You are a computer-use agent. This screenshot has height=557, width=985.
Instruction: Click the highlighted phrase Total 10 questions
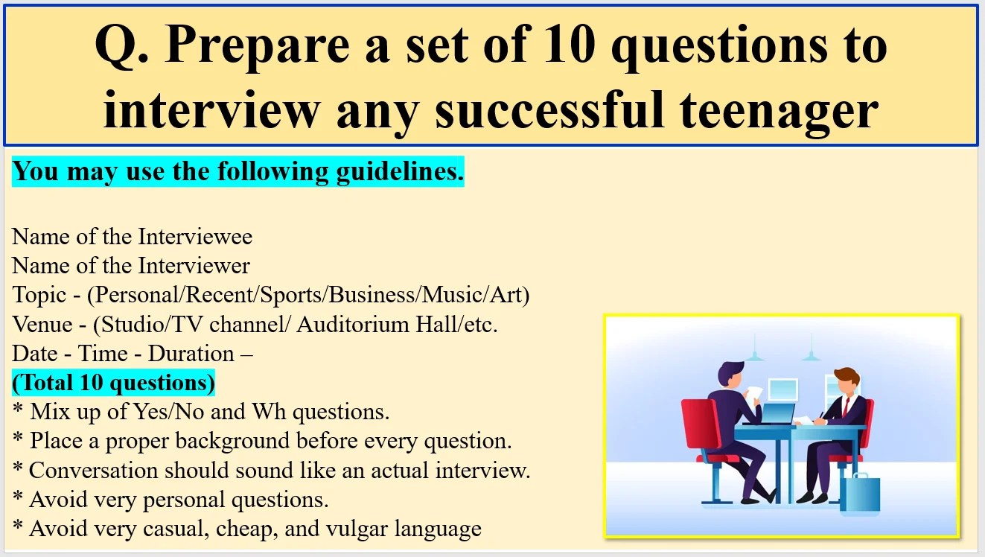pos(113,383)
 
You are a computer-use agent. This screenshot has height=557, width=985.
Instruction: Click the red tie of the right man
pos(845,407)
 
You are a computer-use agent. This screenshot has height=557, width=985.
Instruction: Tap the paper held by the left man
pos(755,393)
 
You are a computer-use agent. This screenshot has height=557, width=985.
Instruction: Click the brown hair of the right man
pos(847,375)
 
